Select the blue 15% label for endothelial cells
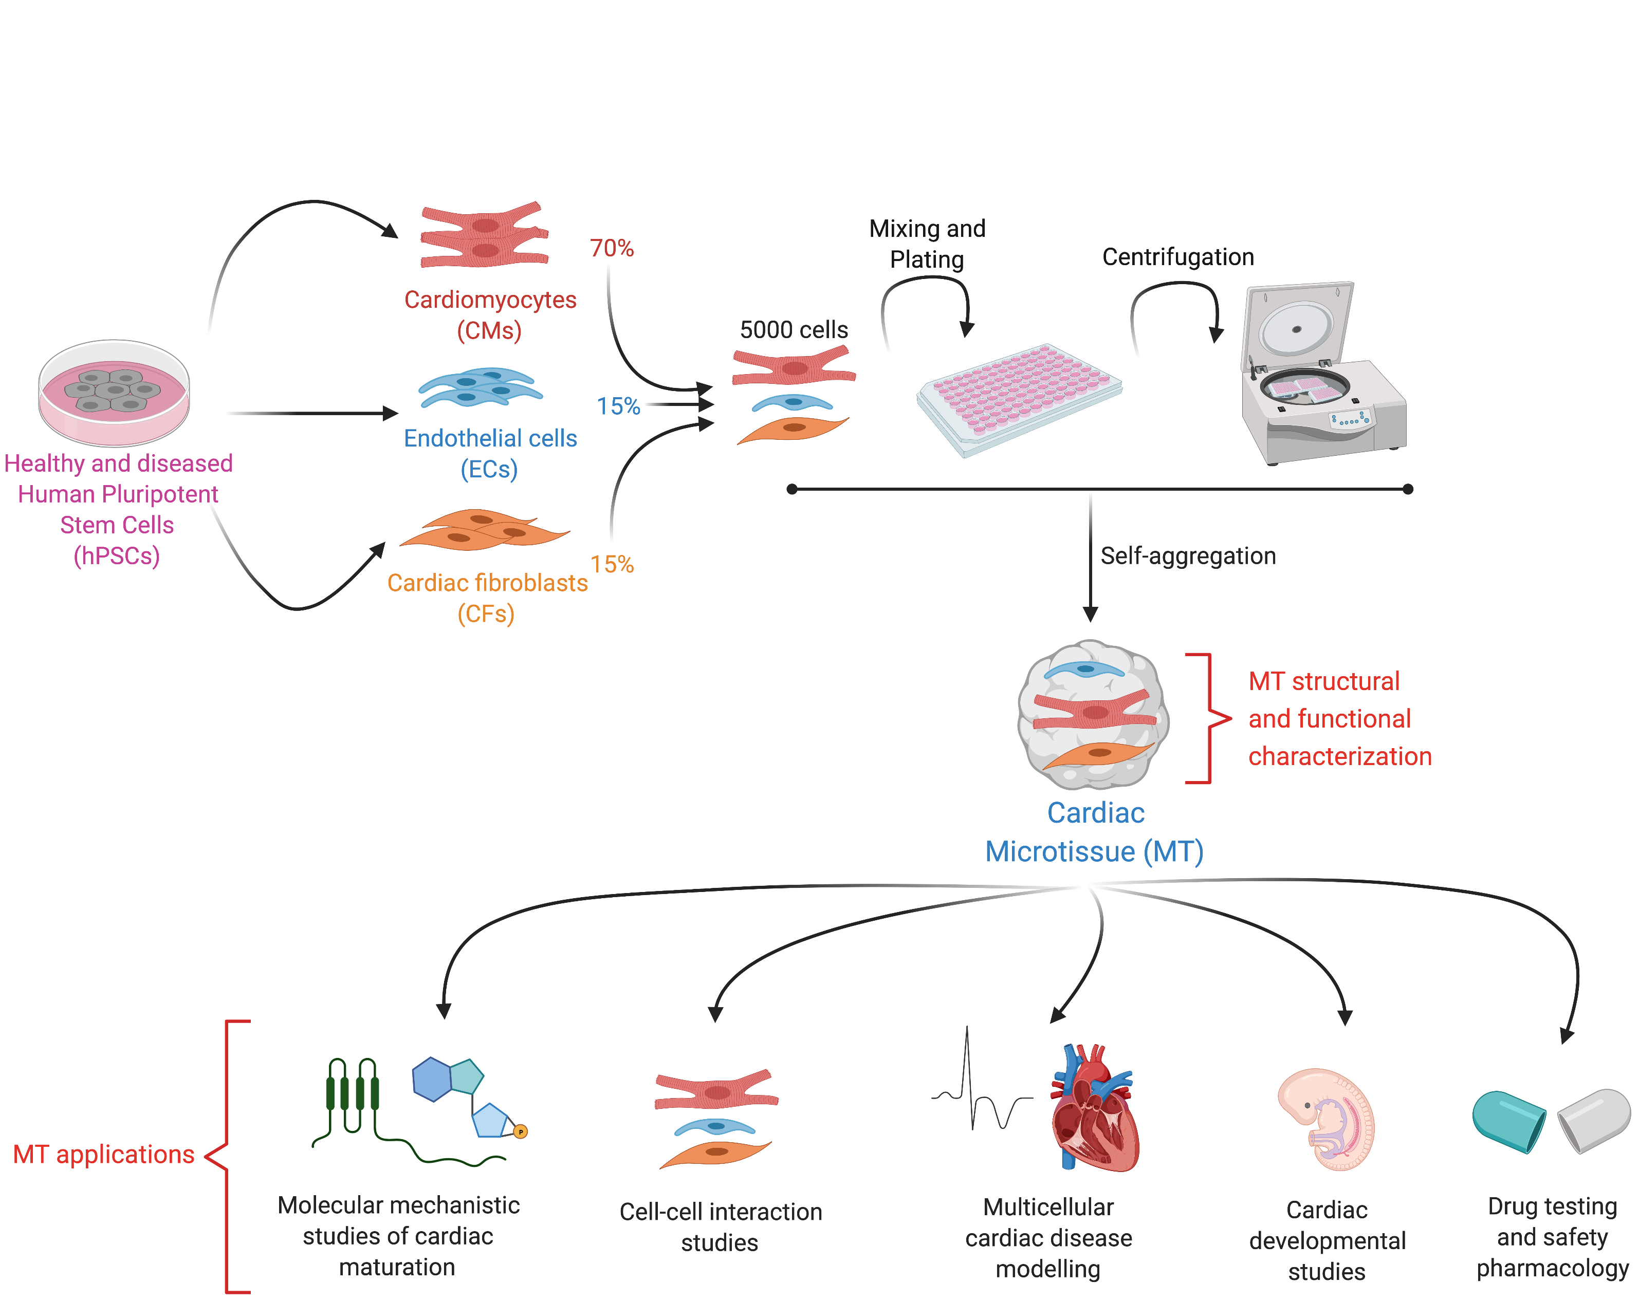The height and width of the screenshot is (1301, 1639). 618,406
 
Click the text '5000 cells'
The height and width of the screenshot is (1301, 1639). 794,330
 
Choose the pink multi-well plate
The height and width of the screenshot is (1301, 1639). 1019,398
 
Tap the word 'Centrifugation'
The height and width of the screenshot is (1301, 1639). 1177,257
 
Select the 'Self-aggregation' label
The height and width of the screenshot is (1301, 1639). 1187,555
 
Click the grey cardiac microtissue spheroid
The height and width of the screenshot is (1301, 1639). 1093,714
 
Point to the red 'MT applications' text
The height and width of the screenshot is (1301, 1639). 103,1155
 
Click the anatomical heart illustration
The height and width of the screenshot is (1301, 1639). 1095,1108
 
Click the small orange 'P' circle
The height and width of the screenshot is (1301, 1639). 521,1131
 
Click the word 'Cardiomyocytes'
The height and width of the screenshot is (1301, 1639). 490,300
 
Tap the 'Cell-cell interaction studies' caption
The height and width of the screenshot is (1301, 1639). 720,1226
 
